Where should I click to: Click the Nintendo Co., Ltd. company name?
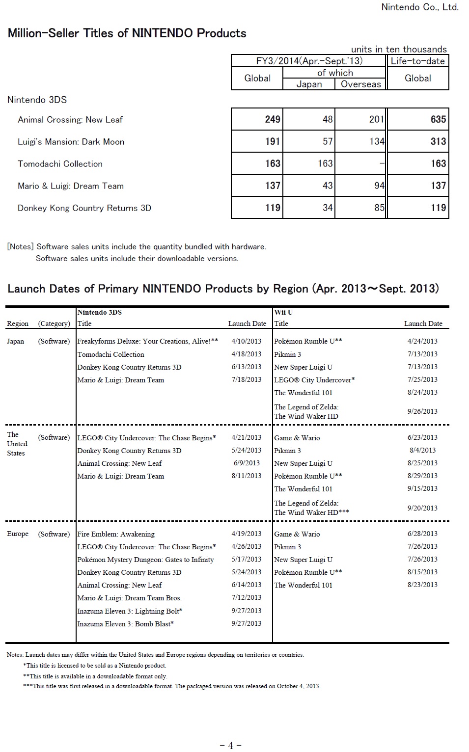click(x=419, y=7)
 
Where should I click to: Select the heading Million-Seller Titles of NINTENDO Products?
click(x=127, y=33)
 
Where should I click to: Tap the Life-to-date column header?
click(x=417, y=61)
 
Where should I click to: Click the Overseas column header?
click(x=360, y=84)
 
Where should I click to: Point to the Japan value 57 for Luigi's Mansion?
click(x=328, y=141)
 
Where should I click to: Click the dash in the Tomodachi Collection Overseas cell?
click(x=382, y=163)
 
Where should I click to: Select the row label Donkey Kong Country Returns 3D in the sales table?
click(x=84, y=208)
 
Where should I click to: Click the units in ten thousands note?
click(x=399, y=49)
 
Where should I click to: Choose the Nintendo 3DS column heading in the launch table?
click(x=100, y=312)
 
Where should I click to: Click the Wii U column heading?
click(x=283, y=312)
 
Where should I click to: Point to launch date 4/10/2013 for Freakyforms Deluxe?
click(x=246, y=341)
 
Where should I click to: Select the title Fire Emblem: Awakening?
click(x=116, y=534)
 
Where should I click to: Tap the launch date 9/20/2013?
click(x=422, y=508)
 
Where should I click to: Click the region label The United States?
click(x=17, y=444)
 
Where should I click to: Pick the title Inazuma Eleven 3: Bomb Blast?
click(x=125, y=623)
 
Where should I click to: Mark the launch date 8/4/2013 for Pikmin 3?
click(x=422, y=450)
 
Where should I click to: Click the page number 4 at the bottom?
click(x=230, y=746)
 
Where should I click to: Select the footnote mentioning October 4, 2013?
click(x=171, y=686)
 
